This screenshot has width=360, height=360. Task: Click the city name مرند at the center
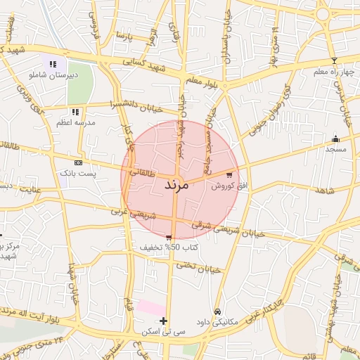(x=177, y=186)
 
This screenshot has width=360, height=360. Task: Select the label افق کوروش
(x=223, y=186)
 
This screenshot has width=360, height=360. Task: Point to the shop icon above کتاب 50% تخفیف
(x=169, y=237)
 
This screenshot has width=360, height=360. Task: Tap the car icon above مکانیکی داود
(x=217, y=311)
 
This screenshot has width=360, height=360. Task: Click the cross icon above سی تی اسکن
(x=164, y=321)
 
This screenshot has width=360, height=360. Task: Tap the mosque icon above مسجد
(x=335, y=139)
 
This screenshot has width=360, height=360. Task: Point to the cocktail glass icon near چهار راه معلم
(x=334, y=60)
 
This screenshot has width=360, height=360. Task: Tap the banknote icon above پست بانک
(x=78, y=162)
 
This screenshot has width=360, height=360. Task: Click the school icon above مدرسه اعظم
(x=75, y=111)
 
